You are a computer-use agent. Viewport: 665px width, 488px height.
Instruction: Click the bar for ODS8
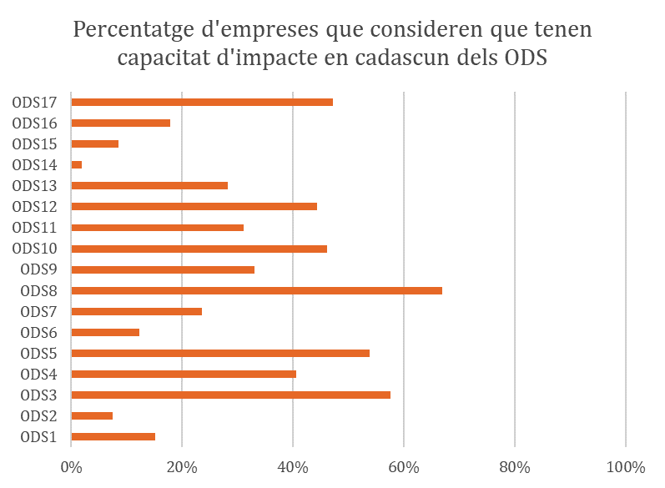(x=257, y=290)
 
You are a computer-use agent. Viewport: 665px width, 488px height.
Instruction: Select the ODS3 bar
(x=231, y=395)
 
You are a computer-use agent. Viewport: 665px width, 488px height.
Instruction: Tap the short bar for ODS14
(x=77, y=165)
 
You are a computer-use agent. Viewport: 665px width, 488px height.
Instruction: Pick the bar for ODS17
(x=202, y=102)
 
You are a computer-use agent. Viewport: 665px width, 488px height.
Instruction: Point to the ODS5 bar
(x=220, y=353)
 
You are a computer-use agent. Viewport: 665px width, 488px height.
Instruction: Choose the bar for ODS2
(x=92, y=415)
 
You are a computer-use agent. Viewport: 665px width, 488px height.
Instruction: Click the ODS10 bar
(x=199, y=249)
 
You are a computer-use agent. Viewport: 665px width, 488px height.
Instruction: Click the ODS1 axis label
(x=38, y=436)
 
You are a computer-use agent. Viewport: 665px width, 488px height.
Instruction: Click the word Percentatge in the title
(x=139, y=31)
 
